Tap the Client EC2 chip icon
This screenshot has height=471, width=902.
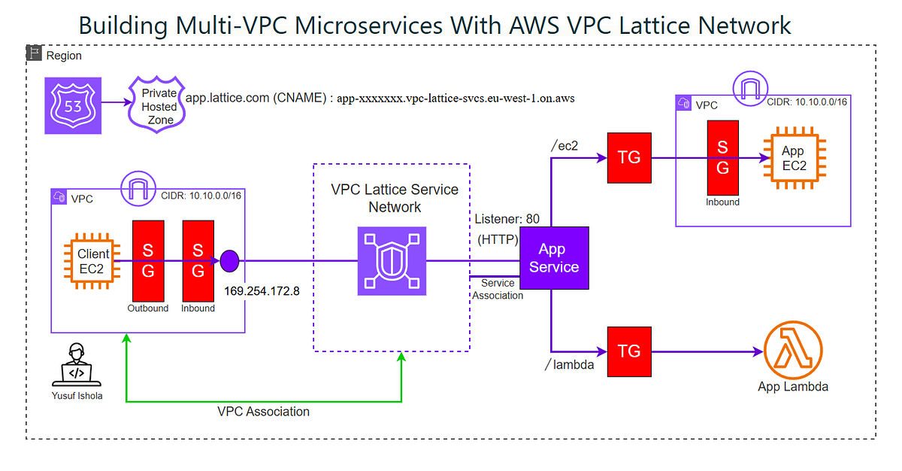pos(93,263)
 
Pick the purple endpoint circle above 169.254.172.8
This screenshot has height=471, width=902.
pos(229,262)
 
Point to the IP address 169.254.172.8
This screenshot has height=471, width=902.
pos(262,290)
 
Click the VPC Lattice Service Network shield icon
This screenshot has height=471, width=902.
pos(391,262)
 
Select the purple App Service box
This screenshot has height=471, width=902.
pos(553,258)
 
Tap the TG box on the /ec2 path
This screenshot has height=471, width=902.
pos(628,157)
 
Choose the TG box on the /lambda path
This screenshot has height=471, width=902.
pos(628,351)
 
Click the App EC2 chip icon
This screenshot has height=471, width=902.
pos(794,158)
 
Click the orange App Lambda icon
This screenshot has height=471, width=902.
pos(792,351)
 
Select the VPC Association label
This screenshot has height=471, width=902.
pos(263,412)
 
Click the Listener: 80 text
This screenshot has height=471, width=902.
pos(507,219)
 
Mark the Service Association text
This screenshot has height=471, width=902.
pos(498,289)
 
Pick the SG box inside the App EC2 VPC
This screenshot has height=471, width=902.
pos(722,157)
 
